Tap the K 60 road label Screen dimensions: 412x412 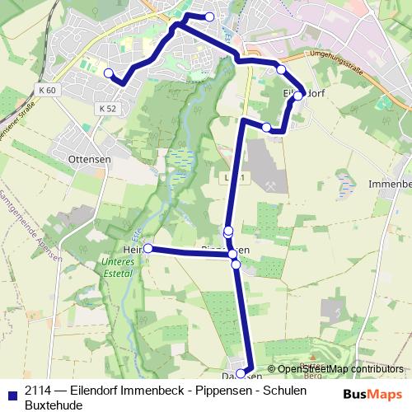pos(46,89)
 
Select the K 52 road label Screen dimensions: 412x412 pos(106,109)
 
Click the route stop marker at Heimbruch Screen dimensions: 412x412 pos(148,248)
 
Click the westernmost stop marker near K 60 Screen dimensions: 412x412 pos(108,73)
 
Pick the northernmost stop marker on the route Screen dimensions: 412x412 pos(209,16)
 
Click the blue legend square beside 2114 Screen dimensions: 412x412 pos(11,392)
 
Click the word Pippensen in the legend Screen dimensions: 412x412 pos(216,391)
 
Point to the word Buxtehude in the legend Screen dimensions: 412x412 pos(48,405)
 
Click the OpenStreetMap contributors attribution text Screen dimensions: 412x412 pos(340,369)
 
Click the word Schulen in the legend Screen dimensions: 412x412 pos(285,391)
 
